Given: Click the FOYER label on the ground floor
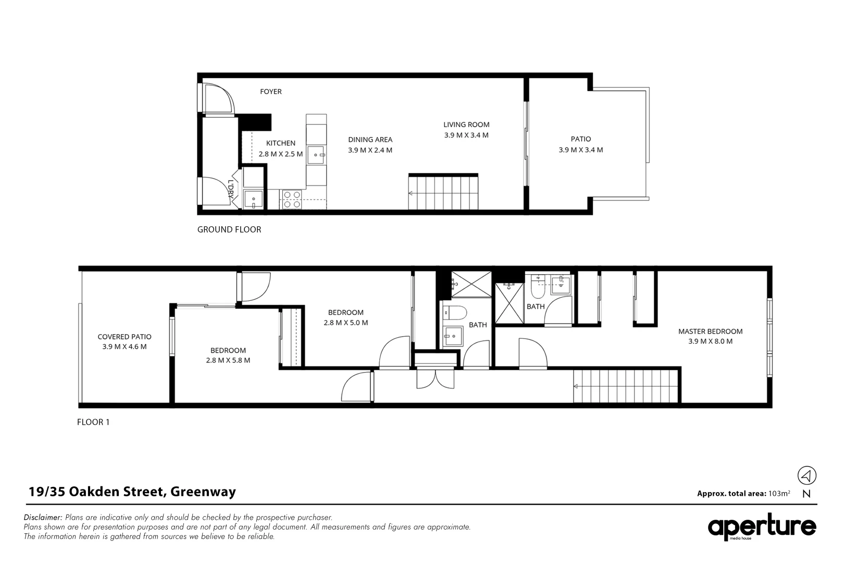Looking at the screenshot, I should [x=270, y=92].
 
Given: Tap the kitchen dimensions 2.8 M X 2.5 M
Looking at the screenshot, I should [x=280, y=154].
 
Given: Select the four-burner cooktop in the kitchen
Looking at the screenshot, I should [x=292, y=199].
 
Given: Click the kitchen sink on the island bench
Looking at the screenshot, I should [x=316, y=155].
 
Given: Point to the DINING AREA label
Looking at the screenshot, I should [x=370, y=140].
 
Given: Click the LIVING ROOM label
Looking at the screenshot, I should [x=466, y=125].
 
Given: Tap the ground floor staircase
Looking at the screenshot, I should [x=443, y=192].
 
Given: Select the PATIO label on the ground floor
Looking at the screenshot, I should [x=580, y=139].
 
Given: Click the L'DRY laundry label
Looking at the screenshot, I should [x=231, y=189].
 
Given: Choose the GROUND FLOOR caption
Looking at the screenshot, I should [x=229, y=229].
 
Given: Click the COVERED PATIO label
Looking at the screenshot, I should [x=125, y=337].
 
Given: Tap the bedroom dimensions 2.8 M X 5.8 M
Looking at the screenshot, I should [x=228, y=360].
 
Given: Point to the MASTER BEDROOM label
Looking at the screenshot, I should [x=710, y=332].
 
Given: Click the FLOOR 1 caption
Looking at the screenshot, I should [x=93, y=422].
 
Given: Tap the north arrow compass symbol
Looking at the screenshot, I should [x=806, y=475].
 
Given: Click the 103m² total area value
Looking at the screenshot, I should [x=779, y=494].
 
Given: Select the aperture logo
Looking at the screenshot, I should [x=761, y=528].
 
